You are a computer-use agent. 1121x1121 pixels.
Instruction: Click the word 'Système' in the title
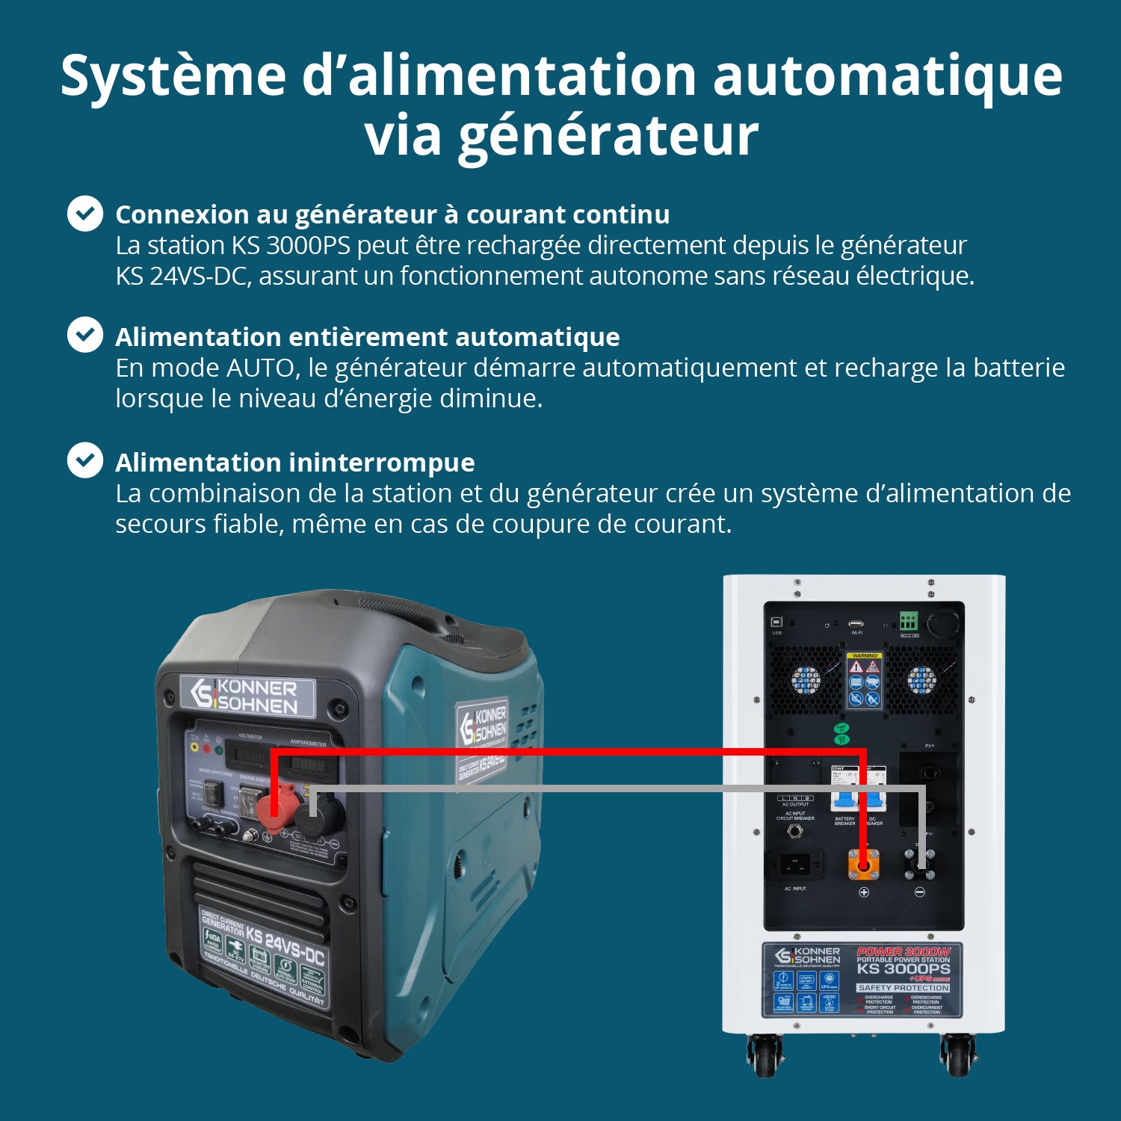173,75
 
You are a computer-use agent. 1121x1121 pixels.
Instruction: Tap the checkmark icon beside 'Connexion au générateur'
85,214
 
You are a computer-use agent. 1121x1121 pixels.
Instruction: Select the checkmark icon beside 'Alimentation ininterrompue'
85,460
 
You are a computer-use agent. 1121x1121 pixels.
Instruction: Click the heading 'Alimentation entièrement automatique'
367,337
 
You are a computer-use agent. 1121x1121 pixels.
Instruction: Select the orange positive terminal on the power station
863,865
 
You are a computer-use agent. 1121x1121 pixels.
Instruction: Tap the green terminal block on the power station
909,621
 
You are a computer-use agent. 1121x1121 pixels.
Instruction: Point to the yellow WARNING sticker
865,656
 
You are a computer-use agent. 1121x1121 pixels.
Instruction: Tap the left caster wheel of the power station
764,1055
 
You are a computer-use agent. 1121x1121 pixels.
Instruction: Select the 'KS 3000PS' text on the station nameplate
903,969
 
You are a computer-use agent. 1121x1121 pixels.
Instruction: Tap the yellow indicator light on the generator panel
194,747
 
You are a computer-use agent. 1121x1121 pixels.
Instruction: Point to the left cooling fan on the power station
806,680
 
